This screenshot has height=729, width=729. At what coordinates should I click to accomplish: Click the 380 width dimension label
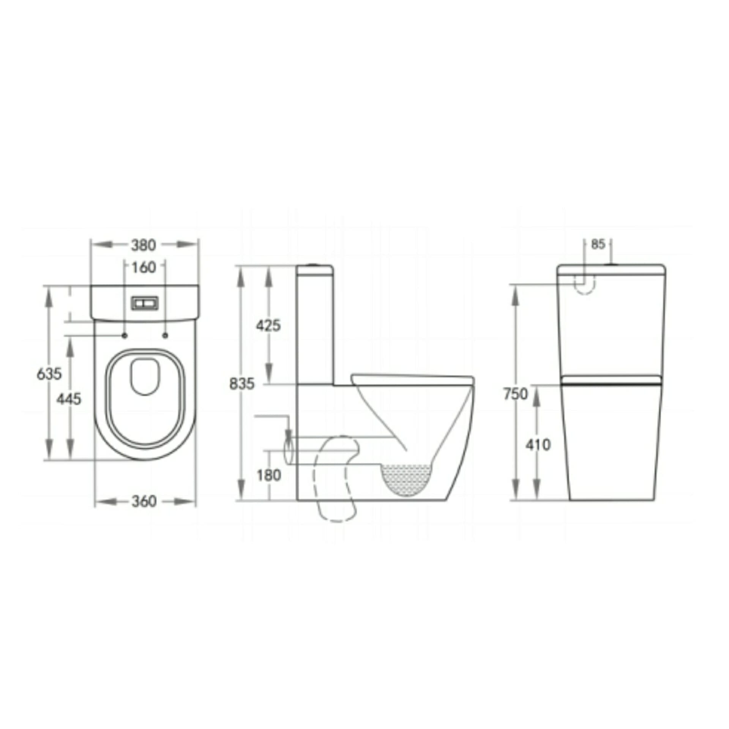coord(144,245)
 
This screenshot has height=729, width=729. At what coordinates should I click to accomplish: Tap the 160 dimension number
coord(144,268)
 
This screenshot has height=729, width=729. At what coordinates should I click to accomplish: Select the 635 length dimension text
coord(49,374)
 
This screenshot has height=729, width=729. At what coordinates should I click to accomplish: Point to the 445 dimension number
coord(69,399)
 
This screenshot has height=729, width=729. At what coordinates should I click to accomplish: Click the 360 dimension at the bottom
coord(144,501)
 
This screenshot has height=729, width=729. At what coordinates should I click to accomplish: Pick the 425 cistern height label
coord(268,325)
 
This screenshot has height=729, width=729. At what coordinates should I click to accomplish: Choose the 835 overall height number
coord(242,384)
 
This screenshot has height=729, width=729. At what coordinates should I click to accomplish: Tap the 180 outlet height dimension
coord(269,475)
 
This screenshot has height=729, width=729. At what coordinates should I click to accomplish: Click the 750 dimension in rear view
coord(516,394)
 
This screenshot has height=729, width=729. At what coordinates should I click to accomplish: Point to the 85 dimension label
coord(598,245)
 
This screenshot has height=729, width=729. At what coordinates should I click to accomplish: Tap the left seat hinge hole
coord(125,335)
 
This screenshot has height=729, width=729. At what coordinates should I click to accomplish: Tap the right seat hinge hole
coord(165,335)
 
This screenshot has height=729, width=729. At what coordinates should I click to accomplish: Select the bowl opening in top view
coord(145,376)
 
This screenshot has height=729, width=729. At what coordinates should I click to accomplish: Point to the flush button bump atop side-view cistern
coord(314,264)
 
